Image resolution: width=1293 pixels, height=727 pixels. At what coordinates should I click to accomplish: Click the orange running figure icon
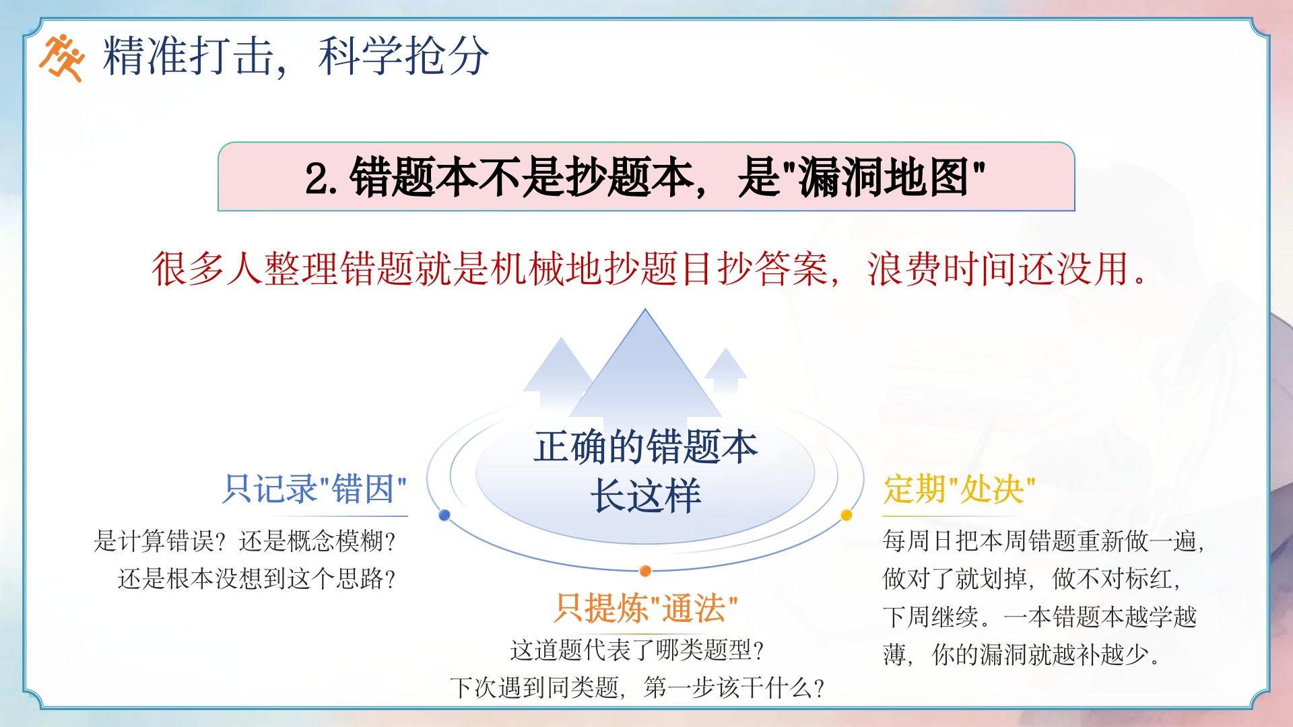click(x=61, y=57)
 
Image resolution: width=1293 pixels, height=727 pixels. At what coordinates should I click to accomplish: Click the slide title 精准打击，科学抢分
click(x=296, y=55)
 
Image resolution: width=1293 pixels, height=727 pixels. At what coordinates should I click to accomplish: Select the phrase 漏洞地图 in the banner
click(x=884, y=178)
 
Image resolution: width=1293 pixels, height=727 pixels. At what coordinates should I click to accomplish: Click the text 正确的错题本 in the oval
click(x=645, y=447)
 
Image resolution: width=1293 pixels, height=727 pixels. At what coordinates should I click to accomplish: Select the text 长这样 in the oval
click(x=645, y=497)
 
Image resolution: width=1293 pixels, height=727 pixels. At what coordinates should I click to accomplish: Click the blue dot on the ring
click(x=444, y=515)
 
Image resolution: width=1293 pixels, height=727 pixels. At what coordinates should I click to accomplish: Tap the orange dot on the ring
click(x=645, y=571)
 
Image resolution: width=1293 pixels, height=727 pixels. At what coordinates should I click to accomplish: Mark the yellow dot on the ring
click(x=847, y=515)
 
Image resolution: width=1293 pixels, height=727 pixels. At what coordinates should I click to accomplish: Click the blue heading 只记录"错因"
click(x=315, y=489)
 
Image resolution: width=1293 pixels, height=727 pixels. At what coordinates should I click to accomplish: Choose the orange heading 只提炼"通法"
click(x=645, y=608)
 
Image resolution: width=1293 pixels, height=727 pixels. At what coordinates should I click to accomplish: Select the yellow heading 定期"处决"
click(x=959, y=489)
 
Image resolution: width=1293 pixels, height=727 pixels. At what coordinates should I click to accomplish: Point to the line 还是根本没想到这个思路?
click(x=257, y=579)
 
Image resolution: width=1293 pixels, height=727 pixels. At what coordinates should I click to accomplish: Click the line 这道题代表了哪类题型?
click(x=637, y=650)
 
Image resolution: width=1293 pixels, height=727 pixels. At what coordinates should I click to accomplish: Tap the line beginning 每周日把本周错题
click(x=1043, y=541)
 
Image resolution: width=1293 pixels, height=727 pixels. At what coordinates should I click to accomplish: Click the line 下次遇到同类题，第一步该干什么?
click(x=637, y=688)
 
